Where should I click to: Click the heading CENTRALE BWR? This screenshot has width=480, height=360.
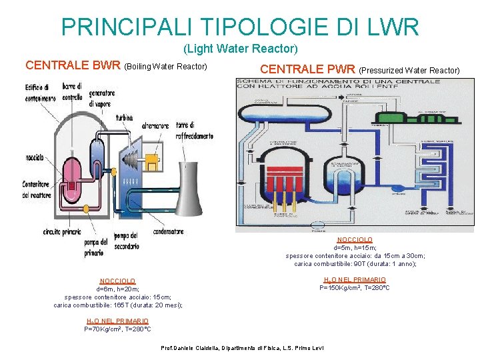73,66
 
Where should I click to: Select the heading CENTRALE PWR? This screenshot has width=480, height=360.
307,69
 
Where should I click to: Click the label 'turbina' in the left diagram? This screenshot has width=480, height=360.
125,118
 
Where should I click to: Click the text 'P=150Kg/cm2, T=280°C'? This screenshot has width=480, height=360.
355,288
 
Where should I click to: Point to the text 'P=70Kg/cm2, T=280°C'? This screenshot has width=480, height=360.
117,329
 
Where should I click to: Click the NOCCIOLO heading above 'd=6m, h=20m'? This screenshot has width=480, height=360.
117,281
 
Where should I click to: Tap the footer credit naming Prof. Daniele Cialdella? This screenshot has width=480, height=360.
243,349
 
